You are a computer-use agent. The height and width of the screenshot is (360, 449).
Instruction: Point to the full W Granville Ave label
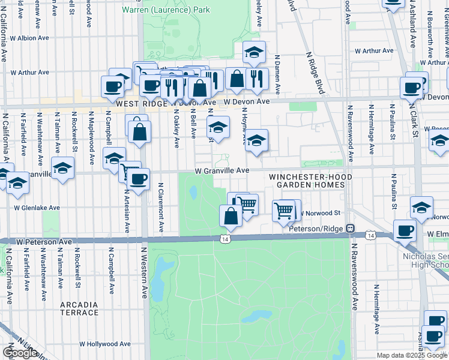point(221,170)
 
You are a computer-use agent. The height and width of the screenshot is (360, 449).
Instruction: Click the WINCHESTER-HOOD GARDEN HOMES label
point(307,181)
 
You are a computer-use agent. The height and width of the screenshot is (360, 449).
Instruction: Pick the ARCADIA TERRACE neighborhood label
point(79,308)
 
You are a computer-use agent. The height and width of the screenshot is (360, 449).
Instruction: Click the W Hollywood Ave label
point(105,344)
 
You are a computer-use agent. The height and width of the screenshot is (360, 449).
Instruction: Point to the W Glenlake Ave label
point(37,208)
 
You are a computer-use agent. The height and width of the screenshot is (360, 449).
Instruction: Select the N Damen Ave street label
point(277,75)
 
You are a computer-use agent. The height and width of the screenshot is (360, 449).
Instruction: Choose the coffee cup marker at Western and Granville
point(139,178)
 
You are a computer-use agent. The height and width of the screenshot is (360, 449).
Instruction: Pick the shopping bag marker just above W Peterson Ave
point(231,215)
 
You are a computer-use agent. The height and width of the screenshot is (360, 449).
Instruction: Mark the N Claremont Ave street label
point(161,208)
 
